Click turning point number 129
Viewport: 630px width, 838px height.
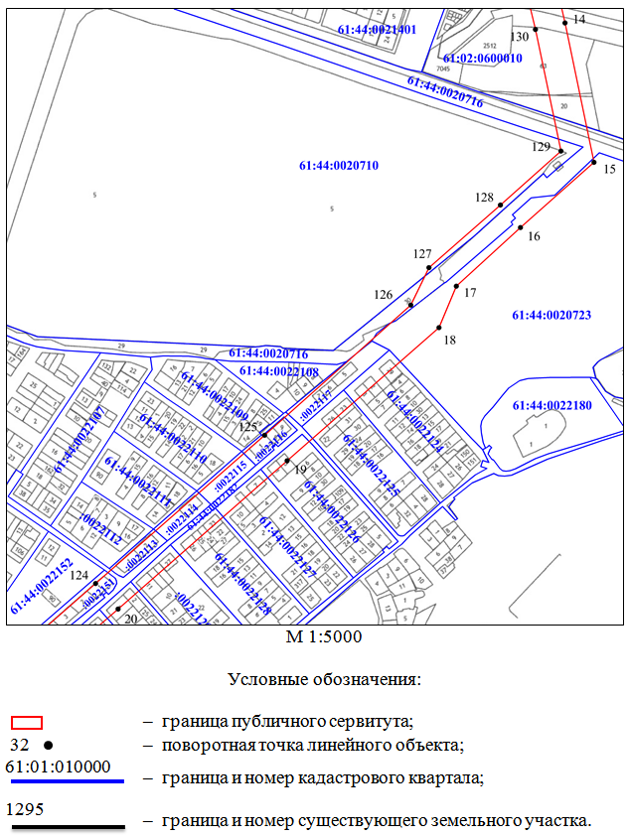560,151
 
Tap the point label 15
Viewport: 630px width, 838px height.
609,170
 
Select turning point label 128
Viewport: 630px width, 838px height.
484,198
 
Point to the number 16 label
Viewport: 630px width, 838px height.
534,236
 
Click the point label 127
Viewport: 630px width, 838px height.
423,254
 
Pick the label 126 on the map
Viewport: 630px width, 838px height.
384,294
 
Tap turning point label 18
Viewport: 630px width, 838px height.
449,340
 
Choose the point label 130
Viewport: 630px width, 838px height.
520,37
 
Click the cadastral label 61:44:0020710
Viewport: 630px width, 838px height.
338,165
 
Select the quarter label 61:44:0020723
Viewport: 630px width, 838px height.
551,315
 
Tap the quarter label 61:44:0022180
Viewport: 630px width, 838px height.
551,405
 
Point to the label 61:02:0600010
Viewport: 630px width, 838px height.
483,58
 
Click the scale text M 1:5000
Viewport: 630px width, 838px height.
324,637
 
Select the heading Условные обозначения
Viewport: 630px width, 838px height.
325,680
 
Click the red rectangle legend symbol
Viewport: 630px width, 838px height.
26,722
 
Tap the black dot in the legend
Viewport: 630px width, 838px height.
47,744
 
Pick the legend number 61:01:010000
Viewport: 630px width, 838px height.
58,767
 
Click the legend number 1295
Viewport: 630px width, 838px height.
25,808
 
